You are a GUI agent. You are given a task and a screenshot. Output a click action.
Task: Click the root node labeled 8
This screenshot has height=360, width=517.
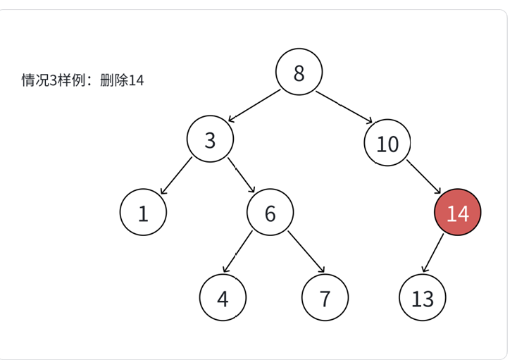click(x=299, y=73)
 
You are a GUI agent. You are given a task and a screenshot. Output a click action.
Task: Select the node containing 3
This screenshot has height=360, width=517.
click(x=210, y=139)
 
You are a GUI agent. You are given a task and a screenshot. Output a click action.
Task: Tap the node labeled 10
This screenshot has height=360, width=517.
click(x=387, y=144)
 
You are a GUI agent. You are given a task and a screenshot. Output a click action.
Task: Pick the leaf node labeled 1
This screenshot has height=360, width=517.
click(x=143, y=213)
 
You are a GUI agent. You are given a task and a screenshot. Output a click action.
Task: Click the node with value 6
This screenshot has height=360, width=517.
click(x=270, y=213)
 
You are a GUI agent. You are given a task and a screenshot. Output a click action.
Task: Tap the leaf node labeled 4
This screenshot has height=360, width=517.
click(x=223, y=298)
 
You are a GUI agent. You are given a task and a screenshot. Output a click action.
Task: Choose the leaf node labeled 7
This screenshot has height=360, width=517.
click(x=325, y=298)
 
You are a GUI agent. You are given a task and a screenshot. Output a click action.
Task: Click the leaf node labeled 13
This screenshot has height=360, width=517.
click(x=423, y=298)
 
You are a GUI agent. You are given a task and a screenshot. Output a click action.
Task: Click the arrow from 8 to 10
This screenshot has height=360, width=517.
click(x=344, y=107)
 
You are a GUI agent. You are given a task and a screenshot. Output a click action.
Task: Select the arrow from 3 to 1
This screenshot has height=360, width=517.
click(x=175, y=176)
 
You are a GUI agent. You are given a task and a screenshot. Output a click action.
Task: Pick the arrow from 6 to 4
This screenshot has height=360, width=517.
click(x=238, y=252)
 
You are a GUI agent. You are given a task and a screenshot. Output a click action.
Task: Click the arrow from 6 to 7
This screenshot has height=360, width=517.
click(x=306, y=252)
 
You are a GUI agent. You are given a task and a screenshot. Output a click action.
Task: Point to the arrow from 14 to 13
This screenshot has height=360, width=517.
click(x=432, y=253)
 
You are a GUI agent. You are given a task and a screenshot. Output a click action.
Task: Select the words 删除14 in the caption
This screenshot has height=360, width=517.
click(x=122, y=80)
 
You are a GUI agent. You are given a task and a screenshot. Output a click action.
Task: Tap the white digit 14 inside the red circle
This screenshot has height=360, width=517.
click(x=457, y=213)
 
